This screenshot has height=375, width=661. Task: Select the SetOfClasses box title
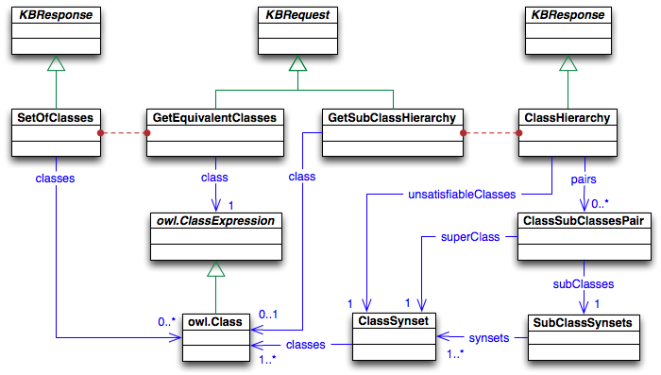(x=56, y=117)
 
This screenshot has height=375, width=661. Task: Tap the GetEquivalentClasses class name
(x=215, y=117)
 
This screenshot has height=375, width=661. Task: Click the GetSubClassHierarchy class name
(x=391, y=117)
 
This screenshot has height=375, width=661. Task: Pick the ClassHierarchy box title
(x=566, y=117)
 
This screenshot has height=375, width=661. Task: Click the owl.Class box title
(x=215, y=322)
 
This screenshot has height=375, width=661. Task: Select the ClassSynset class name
(x=391, y=322)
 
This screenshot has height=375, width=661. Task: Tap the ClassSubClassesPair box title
(x=583, y=220)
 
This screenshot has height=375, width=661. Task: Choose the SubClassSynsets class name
(x=583, y=322)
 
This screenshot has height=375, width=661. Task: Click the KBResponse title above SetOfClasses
(x=56, y=17)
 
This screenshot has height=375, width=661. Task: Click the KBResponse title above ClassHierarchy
(x=566, y=17)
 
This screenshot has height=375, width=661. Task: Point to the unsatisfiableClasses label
(x=461, y=194)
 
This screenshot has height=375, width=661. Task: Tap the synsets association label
(x=489, y=337)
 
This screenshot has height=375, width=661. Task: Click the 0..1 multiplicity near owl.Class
(x=270, y=314)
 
